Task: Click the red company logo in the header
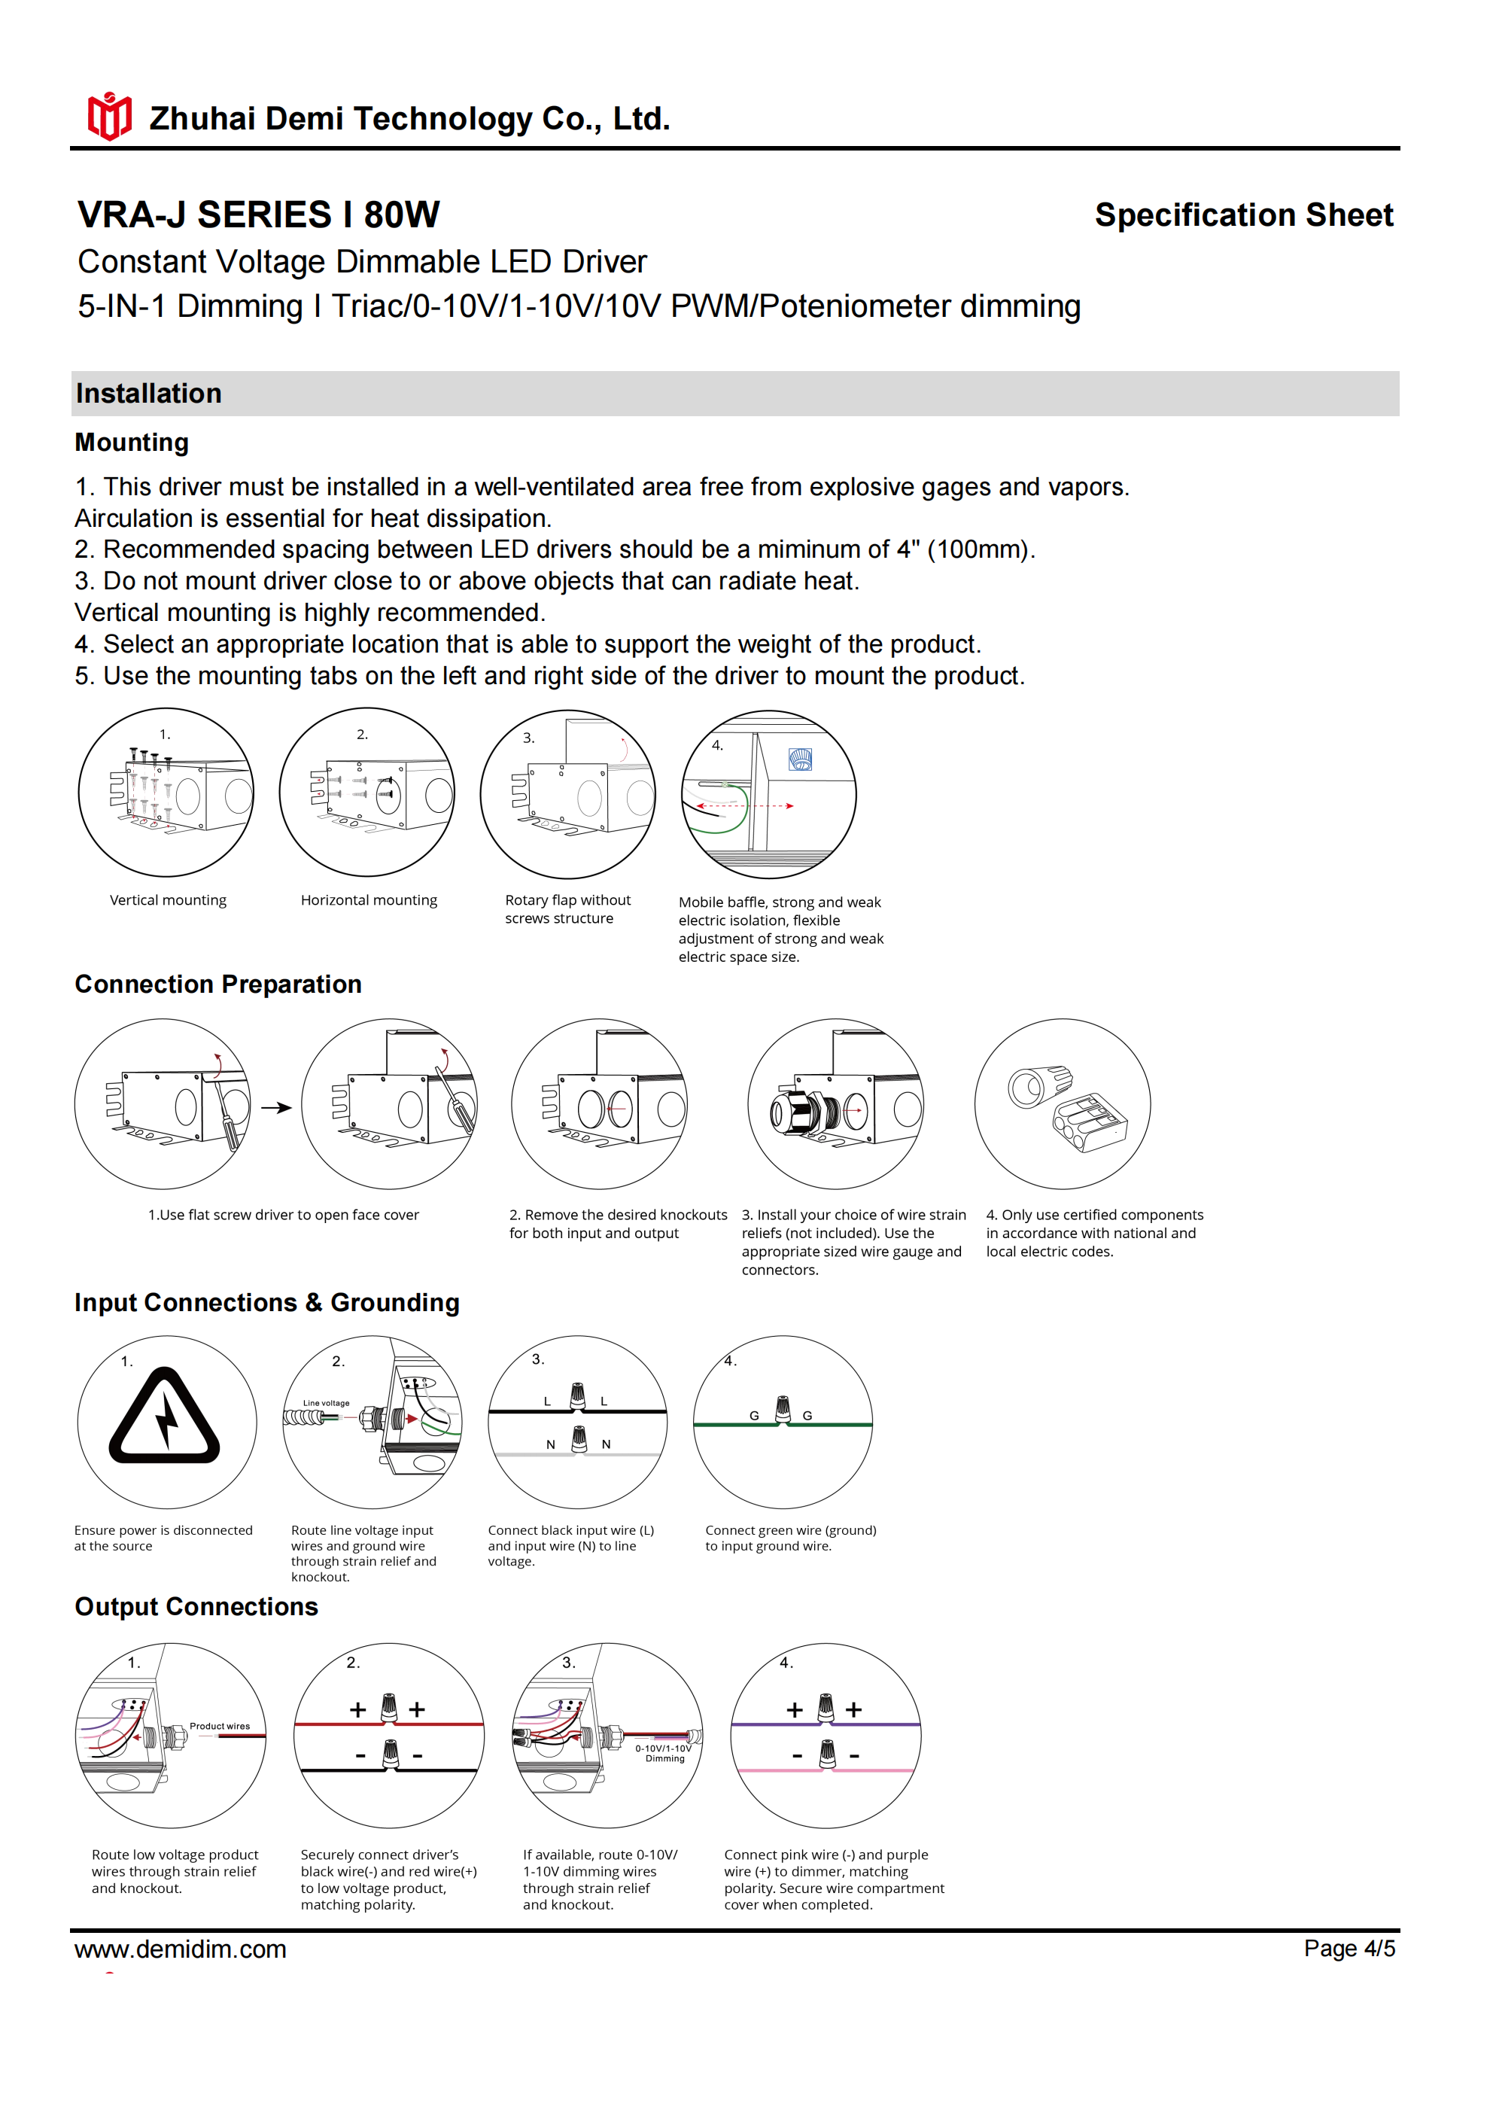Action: pos(109,117)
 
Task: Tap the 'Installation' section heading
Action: pos(149,394)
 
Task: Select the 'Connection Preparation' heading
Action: pos(218,984)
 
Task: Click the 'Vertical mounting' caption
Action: pos(167,899)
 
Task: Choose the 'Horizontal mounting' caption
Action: pos(369,899)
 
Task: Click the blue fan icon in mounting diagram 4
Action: pos(801,759)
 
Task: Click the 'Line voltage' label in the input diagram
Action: pos(327,1403)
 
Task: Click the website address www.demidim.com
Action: pos(181,1949)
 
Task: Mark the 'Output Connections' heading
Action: pos(196,1606)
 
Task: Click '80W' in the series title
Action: pos(401,215)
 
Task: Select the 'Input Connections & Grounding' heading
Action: pos(267,1303)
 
